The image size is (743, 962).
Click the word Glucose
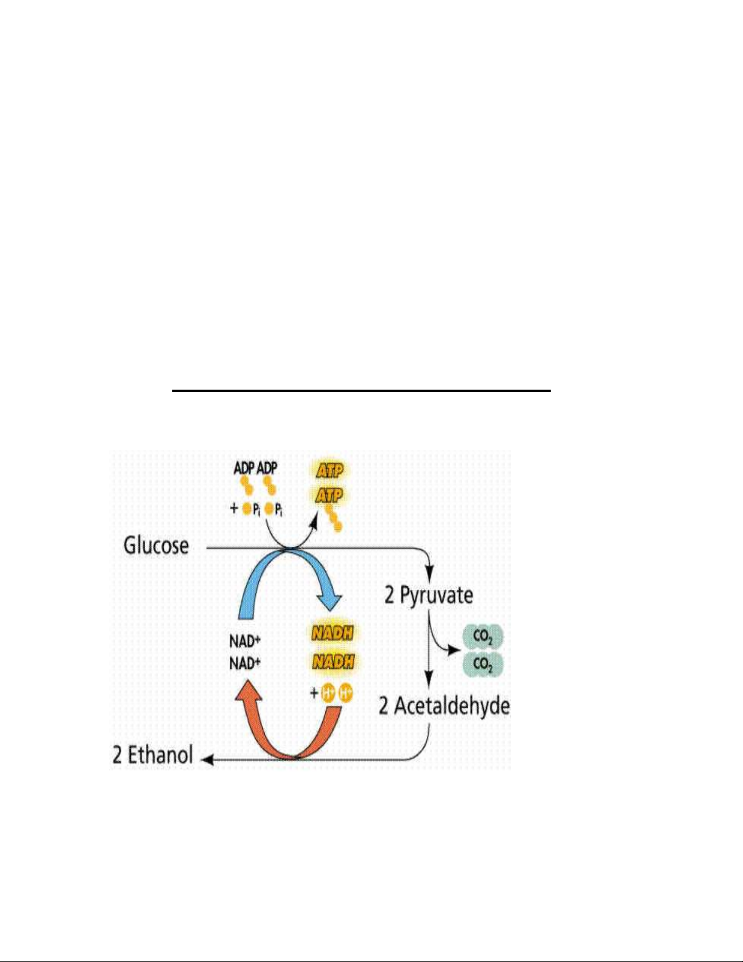156,545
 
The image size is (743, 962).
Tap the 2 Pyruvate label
429,595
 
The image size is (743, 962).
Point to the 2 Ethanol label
153,755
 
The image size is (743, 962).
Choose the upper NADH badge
333,634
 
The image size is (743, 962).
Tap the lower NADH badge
333,662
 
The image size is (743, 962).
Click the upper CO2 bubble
483,637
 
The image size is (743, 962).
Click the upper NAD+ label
244,641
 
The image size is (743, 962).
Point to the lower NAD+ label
244,663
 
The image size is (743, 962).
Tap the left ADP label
244,469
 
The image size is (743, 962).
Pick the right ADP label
267,469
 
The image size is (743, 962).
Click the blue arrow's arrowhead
329,602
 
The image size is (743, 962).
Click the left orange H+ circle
328,694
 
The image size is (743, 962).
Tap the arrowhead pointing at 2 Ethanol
207,760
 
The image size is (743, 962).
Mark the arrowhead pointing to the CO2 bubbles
454,650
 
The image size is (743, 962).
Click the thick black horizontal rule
361,391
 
